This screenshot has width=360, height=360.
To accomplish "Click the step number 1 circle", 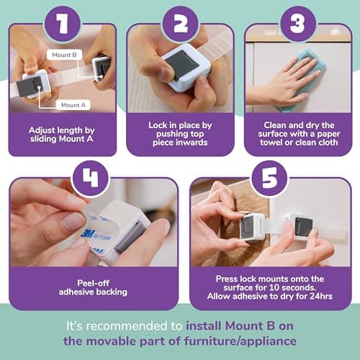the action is (x=63, y=24).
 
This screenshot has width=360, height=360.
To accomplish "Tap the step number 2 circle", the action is (x=181, y=24).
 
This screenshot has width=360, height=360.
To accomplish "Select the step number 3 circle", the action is (x=298, y=24).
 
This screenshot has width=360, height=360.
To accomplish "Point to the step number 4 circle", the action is (x=91, y=178).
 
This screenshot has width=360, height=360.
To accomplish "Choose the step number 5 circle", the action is (x=269, y=178).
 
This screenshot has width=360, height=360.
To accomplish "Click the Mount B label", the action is (x=64, y=55).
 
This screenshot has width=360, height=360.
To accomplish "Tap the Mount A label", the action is (x=73, y=105).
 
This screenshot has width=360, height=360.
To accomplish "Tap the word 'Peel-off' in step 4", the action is (x=94, y=283).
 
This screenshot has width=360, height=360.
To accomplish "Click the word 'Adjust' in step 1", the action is (x=43, y=130).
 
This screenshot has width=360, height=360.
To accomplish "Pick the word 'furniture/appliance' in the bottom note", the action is (x=240, y=341).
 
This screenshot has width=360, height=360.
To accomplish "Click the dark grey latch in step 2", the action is (x=182, y=63).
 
